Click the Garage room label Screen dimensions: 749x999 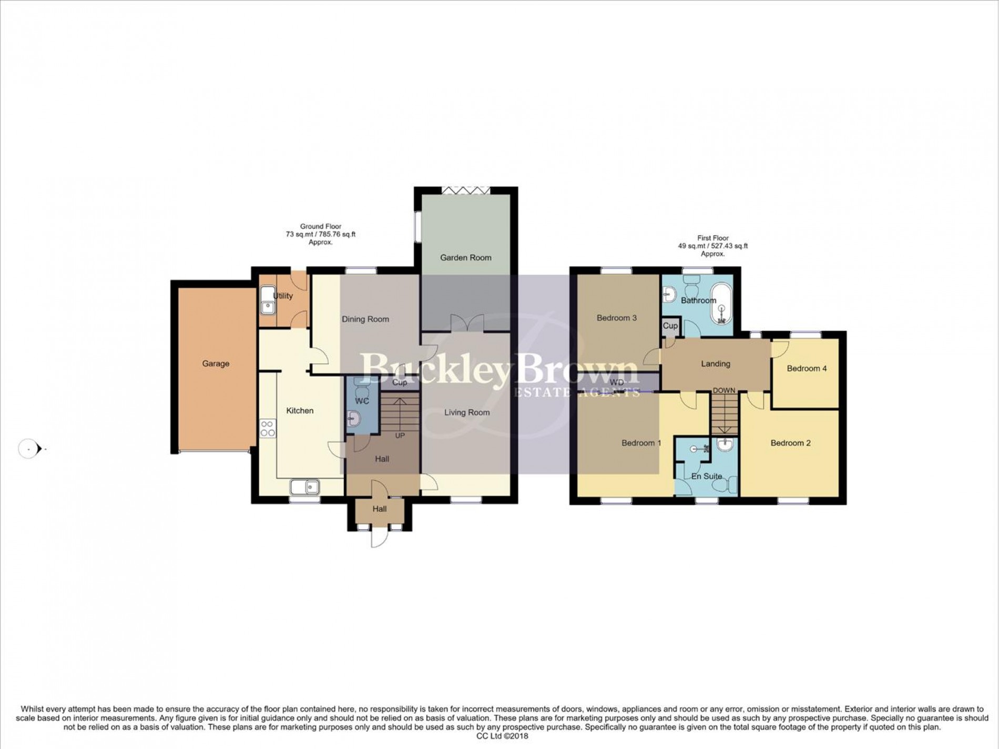pos(216,363)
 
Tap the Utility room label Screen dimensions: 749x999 pos(283,296)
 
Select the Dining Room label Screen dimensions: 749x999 pos(365,319)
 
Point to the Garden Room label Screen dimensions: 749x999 pos(466,258)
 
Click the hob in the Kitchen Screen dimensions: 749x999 pos(268,428)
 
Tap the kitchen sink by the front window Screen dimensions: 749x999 pos(305,487)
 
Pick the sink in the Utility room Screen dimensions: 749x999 pos(268,300)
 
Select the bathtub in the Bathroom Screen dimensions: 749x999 pos(722,303)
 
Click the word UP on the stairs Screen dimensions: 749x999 pos(400,436)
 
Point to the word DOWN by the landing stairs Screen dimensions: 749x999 pos(724,390)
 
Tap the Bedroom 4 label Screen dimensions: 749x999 pos(807,369)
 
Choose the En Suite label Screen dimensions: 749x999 pos(707,477)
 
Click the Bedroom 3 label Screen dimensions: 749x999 pos(617,318)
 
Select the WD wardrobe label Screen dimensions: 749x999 pos(617,382)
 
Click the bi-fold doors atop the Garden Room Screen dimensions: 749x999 pos(466,190)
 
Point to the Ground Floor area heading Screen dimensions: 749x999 pos(321,235)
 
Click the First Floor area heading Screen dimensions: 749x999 pos(713,246)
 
